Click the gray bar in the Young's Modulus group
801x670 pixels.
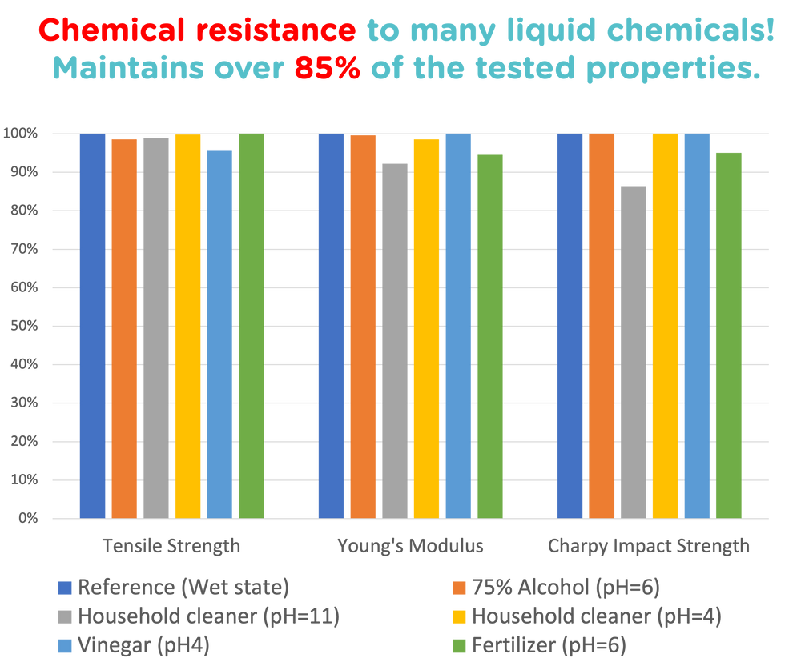coord(395,339)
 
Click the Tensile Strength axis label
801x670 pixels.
coord(171,546)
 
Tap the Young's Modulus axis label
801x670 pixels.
coord(410,546)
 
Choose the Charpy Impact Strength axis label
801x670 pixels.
coord(649,546)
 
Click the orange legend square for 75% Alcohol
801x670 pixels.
coord(457,588)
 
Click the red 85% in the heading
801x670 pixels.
coord(327,70)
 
